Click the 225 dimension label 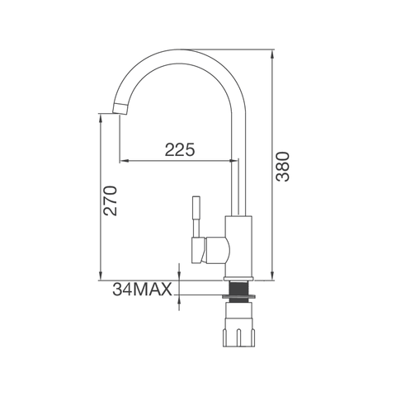pos(180,150)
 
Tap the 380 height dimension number pos(283,167)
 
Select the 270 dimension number pos(110,200)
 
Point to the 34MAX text pos(142,289)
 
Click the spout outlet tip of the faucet pos(120,108)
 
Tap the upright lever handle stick pos(196,216)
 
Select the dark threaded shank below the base pos(238,288)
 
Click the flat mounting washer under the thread pos(239,297)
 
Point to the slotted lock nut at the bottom pos(238,323)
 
